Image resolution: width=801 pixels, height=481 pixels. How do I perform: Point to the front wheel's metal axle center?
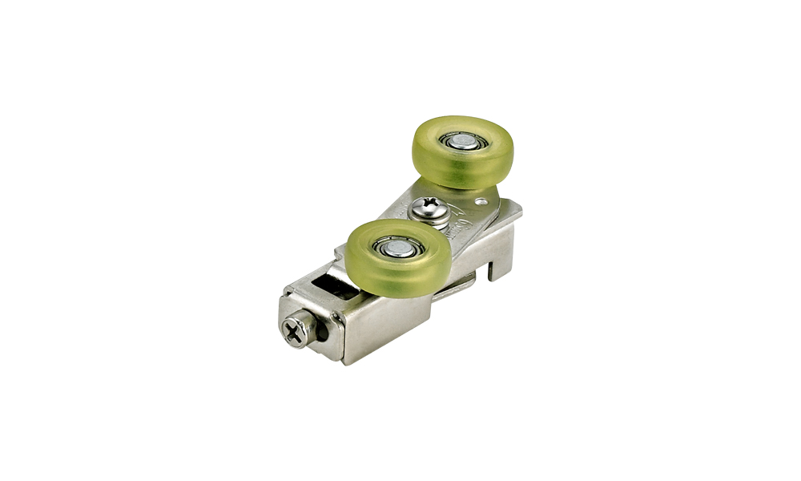coord(398,249)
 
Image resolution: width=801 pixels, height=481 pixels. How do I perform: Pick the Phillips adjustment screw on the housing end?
coord(296,331)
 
